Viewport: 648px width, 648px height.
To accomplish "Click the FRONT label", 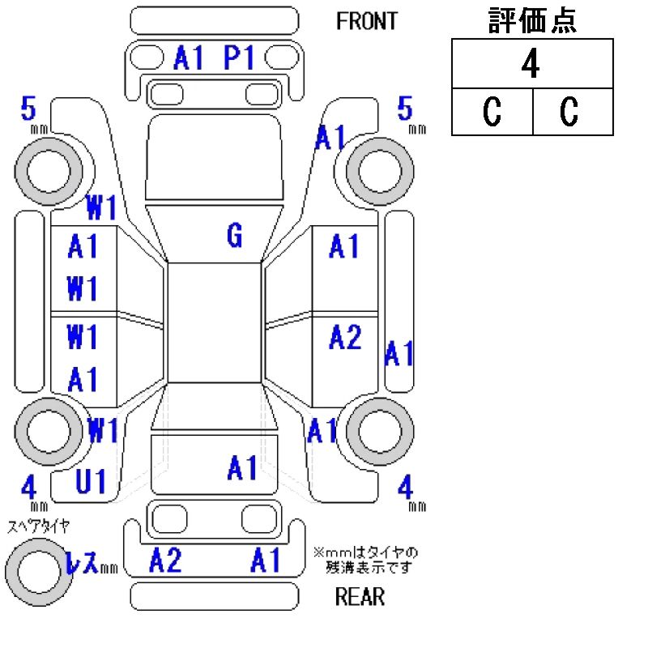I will (x=367, y=21).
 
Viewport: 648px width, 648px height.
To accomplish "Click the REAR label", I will (x=360, y=597).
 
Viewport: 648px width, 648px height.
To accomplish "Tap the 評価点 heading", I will (x=532, y=21).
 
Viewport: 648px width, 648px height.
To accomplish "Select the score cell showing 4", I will (x=531, y=65).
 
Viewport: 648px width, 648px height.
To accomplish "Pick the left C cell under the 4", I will (x=492, y=112).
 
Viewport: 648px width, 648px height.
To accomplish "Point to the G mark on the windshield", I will (x=234, y=236).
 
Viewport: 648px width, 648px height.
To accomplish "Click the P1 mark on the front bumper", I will (x=240, y=58).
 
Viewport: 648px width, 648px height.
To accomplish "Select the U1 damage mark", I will (x=90, y=483).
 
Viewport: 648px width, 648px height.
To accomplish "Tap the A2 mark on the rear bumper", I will (x=166, y=560).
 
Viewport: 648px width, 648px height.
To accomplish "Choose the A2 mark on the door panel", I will (x=345, y=337).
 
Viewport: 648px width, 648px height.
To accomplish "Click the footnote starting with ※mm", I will (x=366, y=559).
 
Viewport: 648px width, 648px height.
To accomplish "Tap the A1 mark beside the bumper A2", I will (x=266, y=560).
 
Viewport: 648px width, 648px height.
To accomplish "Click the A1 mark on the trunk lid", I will (x=242, y=467).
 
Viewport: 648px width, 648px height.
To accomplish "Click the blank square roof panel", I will (x=215, y=322).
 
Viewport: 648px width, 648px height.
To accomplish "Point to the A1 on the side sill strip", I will (x=399, y=353).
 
